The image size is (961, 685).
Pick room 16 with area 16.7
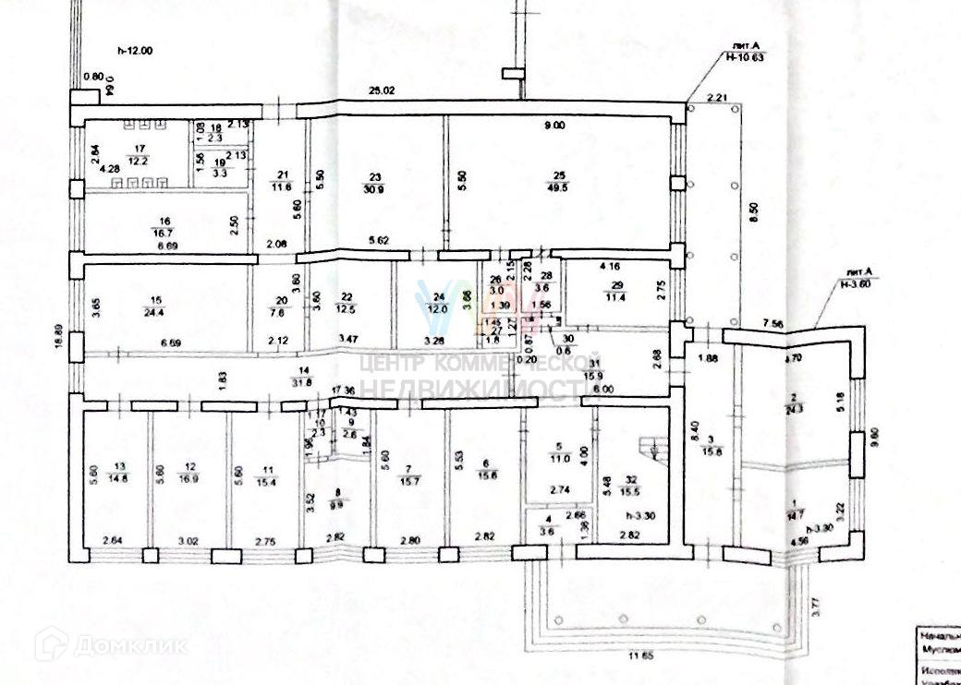(166, 227)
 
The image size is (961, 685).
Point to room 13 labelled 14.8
(118, 471)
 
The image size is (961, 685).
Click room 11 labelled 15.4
(268, 471)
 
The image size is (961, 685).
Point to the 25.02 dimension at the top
(382, 90)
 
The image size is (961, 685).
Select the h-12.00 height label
(134, 51)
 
